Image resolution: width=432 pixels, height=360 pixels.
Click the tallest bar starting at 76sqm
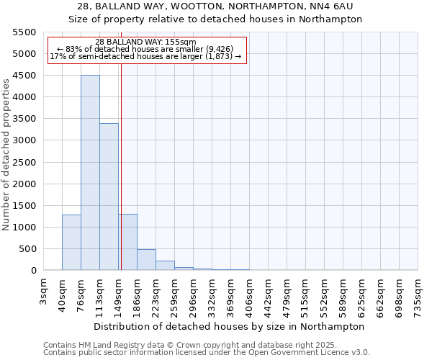click(x=90, y=173)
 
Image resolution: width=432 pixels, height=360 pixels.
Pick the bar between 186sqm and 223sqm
click(x=146, y=260)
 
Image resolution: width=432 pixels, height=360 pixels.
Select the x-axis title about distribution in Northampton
click(x=230, y=326)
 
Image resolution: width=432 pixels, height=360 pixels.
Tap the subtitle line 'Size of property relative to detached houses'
click(x=215, y=19)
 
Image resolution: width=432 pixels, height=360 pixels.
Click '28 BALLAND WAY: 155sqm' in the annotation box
click(x=145, y=42)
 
